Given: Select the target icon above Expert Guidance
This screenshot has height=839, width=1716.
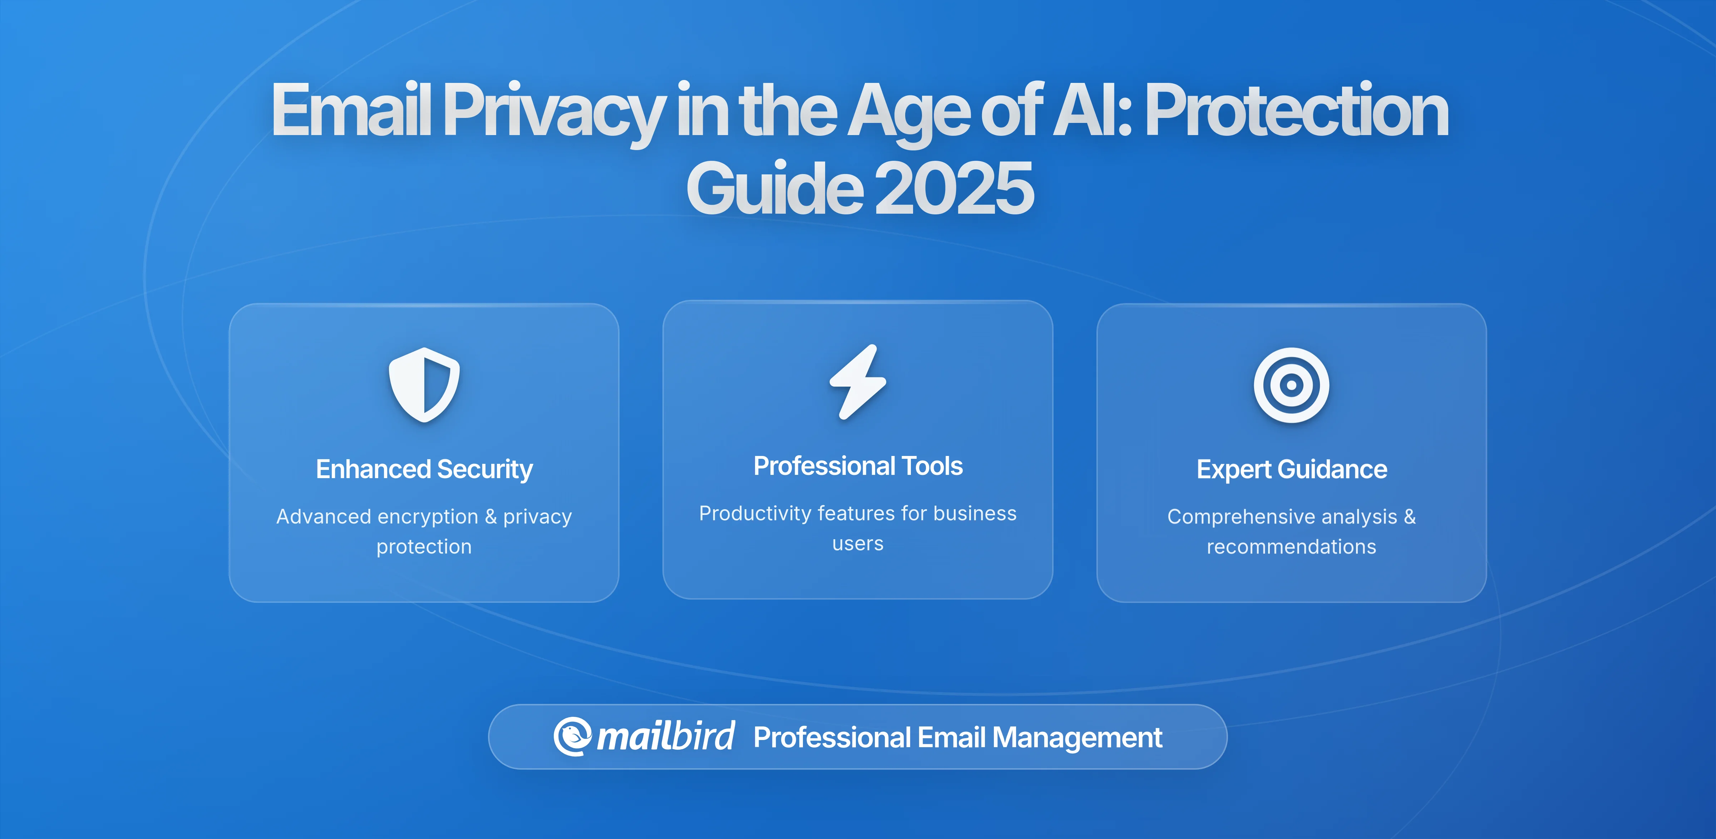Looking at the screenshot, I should [1291, 385].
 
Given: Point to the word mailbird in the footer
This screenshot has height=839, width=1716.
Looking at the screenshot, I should [665, 736].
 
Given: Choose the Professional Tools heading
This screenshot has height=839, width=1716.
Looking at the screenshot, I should [858, 466].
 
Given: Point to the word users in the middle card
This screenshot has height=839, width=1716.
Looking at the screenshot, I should [858, 543].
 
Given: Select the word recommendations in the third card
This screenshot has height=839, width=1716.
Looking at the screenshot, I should [1291, 547].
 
